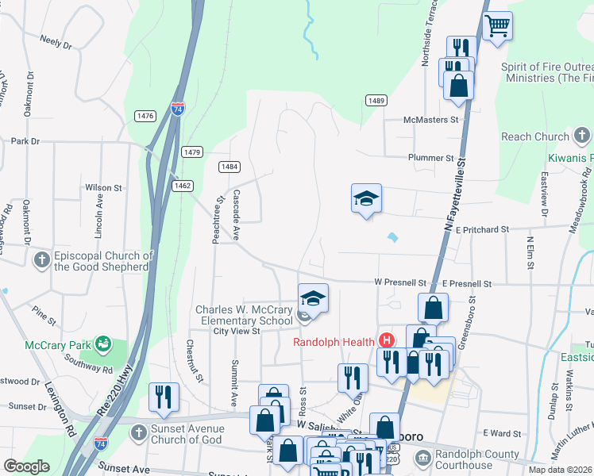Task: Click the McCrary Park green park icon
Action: (x=102, y=344)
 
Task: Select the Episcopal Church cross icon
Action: (x=41, y=259)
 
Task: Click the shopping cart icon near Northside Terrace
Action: (x=497, y=25)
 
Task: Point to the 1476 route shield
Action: (x=145, y=116)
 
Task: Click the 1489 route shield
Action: (x=376, y=100)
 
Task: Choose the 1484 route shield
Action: (x=229, y=166)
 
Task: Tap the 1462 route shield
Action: (x=183, y=185)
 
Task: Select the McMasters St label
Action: (x=432, y=119)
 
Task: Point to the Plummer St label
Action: (x=430, y=158)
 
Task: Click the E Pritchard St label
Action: (x=476, y=229)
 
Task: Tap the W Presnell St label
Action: (x=401, y=282)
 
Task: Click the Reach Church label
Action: (x=535, y=136)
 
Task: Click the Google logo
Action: (x=26, y=466)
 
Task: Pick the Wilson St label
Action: (x=103, y=188)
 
